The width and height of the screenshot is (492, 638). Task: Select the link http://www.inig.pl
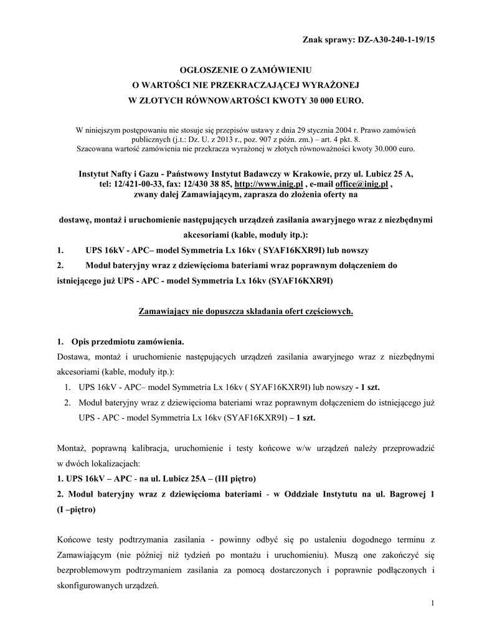pyautogui.click(x=268, y=185)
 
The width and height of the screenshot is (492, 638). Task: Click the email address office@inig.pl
pyautogui.click(x=361, y=185)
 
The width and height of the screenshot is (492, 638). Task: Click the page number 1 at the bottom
pyautogui.click(x=431, y=604)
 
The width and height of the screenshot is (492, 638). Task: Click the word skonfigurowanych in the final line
pyautogui.click(x=91, y=586)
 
